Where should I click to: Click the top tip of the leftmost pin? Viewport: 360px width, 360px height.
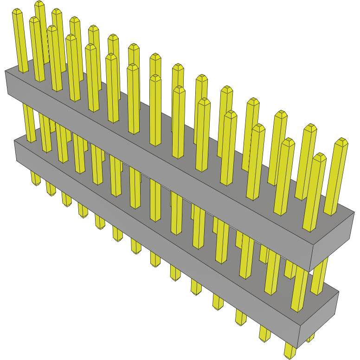click(17, 11)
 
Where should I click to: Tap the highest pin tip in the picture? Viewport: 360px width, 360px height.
click(39, 3)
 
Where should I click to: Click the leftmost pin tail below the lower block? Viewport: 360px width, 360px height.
click(36, 179)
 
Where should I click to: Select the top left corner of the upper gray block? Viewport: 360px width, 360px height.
click(6, 71)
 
